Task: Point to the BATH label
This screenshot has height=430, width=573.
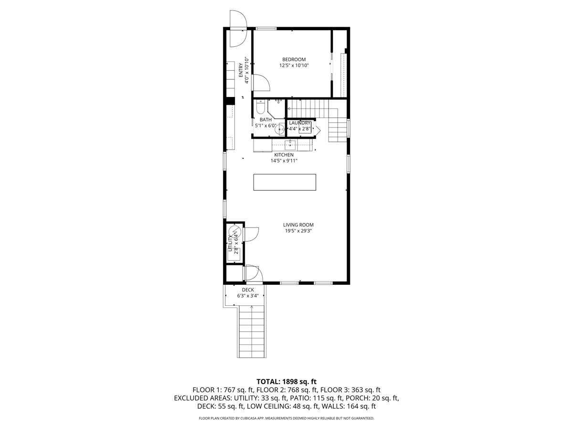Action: pos(265,119)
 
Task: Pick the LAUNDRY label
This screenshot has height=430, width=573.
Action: pos(300,123)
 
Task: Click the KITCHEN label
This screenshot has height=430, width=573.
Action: pos(284,155)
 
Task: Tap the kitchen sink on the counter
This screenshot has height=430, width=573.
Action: pos(290,145)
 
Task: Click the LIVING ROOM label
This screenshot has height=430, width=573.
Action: pos(298,225)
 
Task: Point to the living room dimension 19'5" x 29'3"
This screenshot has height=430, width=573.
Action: pos(298,231)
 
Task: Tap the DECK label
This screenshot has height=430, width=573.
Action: pos(248,290)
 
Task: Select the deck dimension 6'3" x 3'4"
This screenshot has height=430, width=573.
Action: pos(248,296)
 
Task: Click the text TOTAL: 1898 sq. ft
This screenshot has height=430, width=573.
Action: pos(286,381)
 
